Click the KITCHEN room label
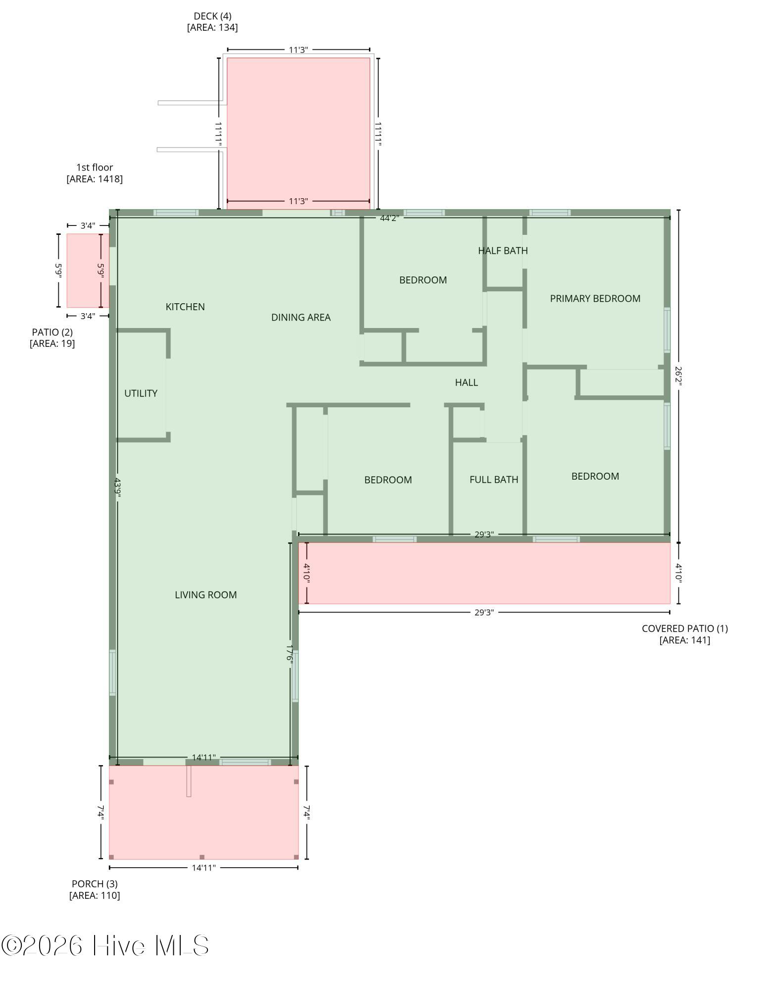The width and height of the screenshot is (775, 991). pos(185,307)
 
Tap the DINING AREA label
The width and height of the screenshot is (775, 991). pos(301,317)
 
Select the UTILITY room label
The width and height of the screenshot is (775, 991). pos(141,393)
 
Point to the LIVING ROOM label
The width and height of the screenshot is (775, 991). pos(206,595)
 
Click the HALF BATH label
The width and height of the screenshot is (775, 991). pos(503,250)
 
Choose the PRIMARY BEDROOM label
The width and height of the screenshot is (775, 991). pos(595,298)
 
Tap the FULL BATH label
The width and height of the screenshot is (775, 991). pos(494,479)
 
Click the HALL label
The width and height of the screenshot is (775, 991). pos(466,382)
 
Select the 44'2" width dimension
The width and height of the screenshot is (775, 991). pos(389,218)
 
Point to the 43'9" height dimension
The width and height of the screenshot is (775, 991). pos(118,488)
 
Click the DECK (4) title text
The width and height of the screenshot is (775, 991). pos(212,16)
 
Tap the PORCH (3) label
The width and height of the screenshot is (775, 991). pos(95,883)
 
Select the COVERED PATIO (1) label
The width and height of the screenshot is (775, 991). pos(684,628)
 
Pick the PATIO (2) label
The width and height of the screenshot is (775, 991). pos(52,332)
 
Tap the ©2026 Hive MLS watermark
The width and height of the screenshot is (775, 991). pos(105,945)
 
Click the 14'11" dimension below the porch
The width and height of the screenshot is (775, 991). pos(204,868)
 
